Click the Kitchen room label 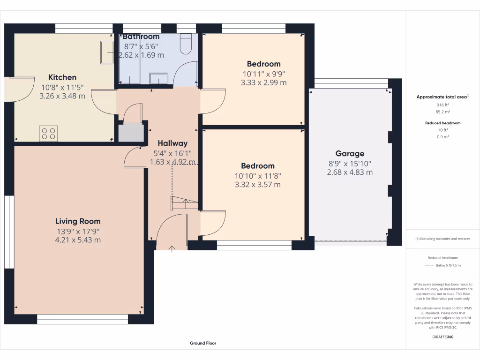62,77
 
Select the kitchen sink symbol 106,52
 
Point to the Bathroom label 141,37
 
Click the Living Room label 78,221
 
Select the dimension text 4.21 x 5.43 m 78,240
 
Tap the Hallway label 172,143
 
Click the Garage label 350,154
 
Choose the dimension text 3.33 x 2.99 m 263,82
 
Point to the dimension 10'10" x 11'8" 258,176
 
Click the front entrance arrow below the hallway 172,248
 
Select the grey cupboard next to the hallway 131,133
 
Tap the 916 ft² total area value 443,105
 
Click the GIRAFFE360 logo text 443,337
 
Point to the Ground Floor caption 203,343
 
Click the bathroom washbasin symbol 158,80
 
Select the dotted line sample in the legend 430,266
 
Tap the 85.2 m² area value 443,112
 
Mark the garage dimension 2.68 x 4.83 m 350,172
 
